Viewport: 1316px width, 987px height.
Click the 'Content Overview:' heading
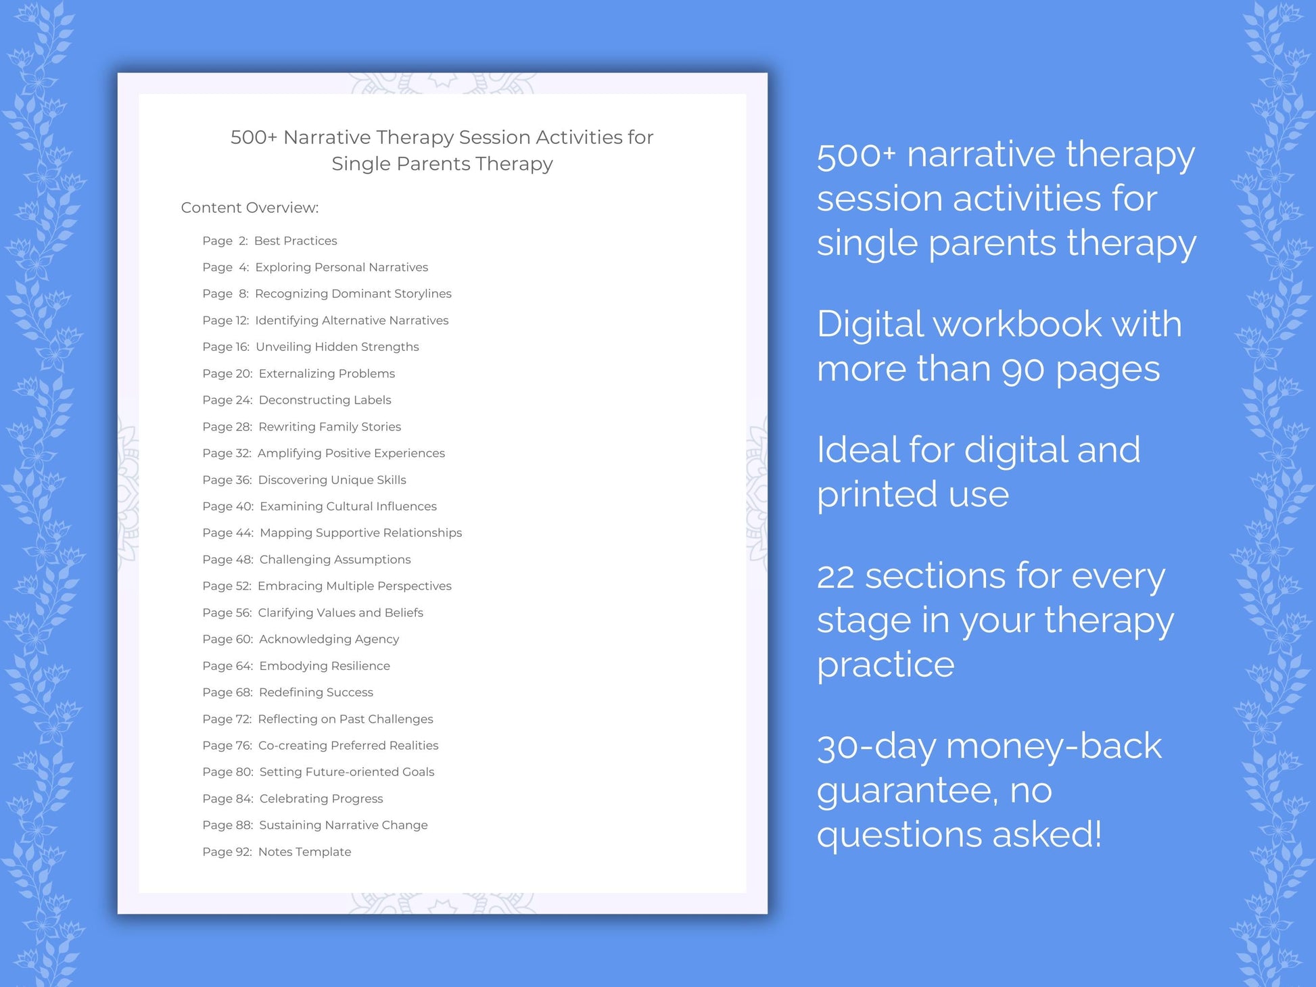pyautogui.click(x=250, y=208)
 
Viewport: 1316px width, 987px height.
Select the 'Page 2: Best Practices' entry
pyautogui.click(x=269, y=241)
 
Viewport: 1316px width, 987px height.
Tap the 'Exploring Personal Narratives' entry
pyautogui.click(x=342, y=267)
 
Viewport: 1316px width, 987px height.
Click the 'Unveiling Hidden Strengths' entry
pyautogui.click(x=337, y=347)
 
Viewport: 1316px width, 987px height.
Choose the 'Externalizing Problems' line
pyautogui.click(x=327, y=373)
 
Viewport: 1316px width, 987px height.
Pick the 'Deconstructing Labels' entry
pyautogui.click(x=325, y=400)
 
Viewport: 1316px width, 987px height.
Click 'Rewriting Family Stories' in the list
pyautogui.click(x=329, y=427)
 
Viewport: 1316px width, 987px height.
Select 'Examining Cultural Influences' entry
pyautogui.click(x=348, y=506)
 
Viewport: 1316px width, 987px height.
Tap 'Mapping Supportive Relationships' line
pyautogui.click(x=360, y=533)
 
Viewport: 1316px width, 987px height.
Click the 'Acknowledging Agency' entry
pyautogui.click(x=329, y=639)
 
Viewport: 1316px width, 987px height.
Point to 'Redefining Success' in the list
pyautogui.click(x=316, y=692)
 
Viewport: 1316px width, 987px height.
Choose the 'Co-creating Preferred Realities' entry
pyautogui.click(x=348, y=745)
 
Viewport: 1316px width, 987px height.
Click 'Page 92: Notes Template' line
pyautogui.click(x=277, y=852)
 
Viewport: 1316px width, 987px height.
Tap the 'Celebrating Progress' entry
pyautogui.click(x=321, y=798)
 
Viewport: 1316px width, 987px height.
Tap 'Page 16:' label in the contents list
pyautogui.click(x=226, y=347)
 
